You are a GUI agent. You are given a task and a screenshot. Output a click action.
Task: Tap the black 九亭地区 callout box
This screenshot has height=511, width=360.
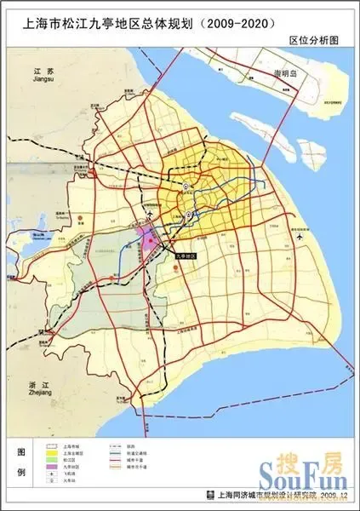[185, 255]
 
